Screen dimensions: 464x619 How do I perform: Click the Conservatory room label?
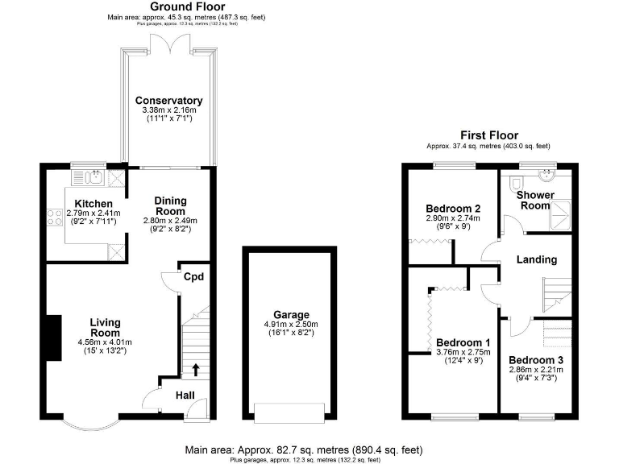[168, 101]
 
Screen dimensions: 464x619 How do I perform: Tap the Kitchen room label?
[93, 203]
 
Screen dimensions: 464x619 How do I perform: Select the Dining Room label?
[170, 205]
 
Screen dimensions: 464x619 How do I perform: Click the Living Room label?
[104, 326]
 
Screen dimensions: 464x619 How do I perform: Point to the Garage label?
[290, 315]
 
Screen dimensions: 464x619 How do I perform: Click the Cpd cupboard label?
[193, 277]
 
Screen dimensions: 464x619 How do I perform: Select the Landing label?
[537, 259]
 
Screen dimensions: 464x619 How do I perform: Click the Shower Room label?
[535, 200]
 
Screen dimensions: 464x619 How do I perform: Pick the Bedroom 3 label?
[535, 359]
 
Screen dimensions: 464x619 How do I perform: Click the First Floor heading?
[488, 135]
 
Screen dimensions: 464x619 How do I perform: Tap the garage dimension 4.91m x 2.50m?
[290, 325]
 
